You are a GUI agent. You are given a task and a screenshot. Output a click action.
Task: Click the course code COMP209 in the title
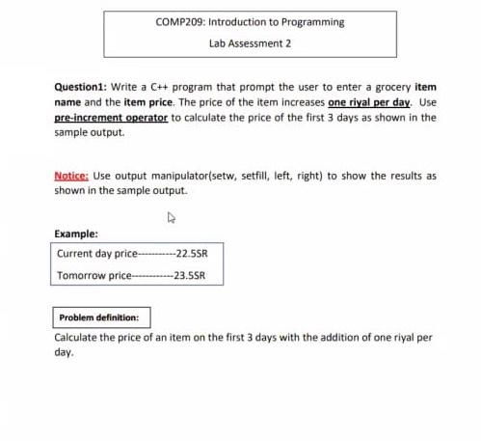coord(176,22)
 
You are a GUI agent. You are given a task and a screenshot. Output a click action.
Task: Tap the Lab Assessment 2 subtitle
coord(249,43)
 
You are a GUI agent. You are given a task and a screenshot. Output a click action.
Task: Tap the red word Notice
coord(70,177)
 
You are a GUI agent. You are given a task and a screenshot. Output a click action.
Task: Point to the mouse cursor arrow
coord(171,218)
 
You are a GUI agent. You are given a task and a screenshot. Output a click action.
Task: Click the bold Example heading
coord(76,234)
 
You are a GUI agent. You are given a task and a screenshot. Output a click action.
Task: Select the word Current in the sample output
coord(76,255)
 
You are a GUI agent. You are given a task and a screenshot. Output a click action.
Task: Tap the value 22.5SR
coord(190,255)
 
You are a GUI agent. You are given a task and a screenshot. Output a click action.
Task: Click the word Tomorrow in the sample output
coord(82,276)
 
